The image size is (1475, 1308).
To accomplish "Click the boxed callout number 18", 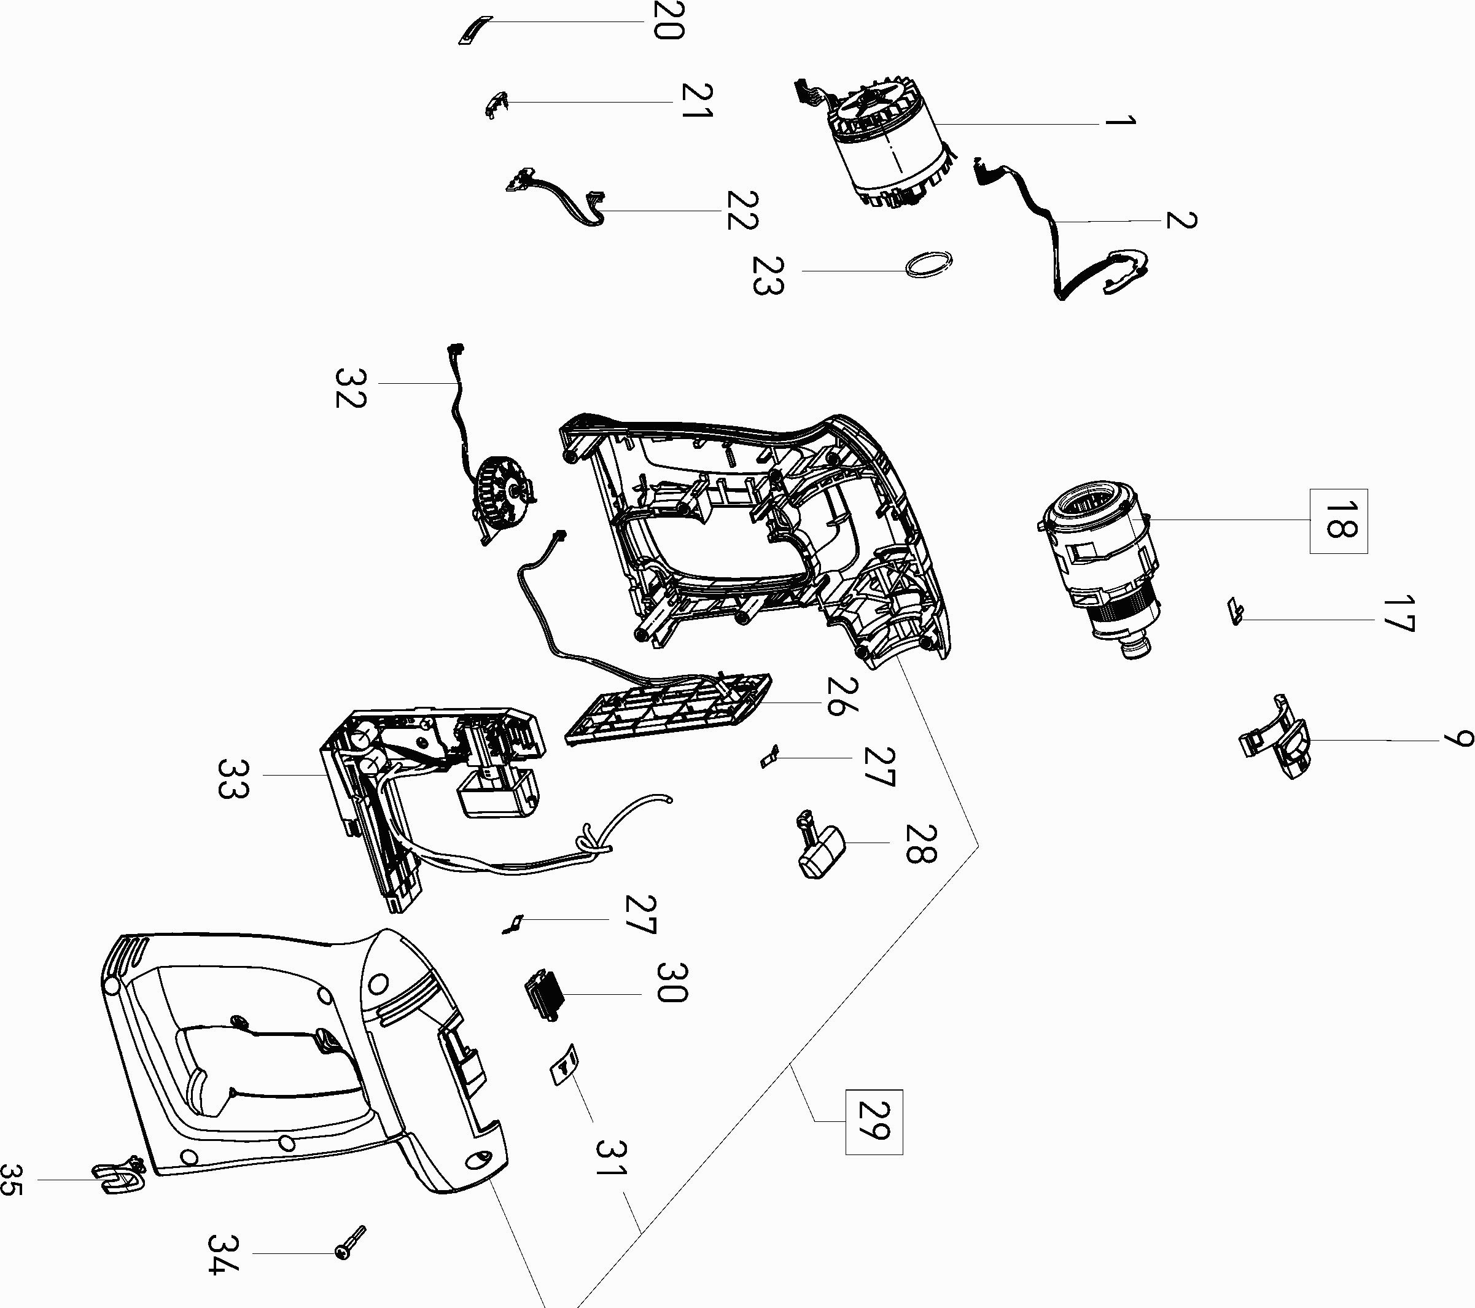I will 1338,521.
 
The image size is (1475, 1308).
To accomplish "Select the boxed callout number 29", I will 873,1122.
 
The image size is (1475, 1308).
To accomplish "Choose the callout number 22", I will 742,210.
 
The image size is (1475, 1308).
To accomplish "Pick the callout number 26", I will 842,696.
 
